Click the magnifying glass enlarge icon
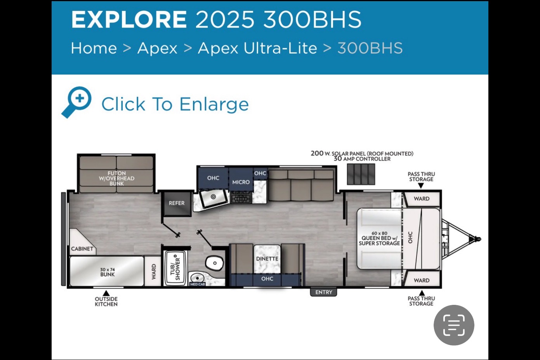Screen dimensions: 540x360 (76, 102)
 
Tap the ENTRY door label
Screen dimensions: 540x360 (323, 292)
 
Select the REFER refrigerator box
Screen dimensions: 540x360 (177, 203)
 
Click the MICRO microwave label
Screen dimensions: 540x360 (241, 182)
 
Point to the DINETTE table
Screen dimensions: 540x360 (267, 259)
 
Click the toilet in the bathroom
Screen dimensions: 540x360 (214, 263)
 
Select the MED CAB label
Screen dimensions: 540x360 (198, 284)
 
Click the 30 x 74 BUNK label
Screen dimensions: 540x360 (108, 272)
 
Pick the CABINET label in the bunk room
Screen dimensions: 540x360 (82, 249)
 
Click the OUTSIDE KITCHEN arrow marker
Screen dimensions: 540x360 (106, 293)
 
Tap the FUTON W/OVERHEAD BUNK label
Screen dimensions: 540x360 (116, 178)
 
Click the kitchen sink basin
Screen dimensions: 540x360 (214, 198)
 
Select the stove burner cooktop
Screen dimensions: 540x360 (241, 197)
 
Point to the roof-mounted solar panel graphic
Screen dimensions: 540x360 (361, 174)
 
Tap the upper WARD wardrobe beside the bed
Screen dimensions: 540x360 (422, 199)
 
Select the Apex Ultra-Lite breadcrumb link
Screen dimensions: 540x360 (257, 48)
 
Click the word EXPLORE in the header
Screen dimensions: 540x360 (129, 19)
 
